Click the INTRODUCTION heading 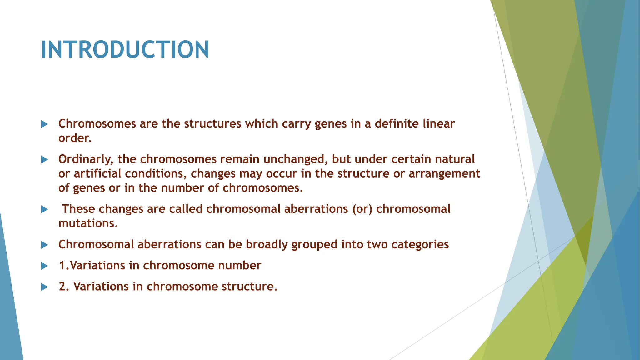[x=125, y=50]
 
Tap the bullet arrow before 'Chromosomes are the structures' [x=44, y=124]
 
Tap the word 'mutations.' [x=88, y=223]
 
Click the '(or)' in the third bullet [x=362, y=209]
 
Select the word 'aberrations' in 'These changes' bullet [x=316, y=209]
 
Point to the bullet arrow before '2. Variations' [x=44, y=287]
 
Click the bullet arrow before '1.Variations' [x=44, y=266]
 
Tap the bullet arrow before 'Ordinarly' [x=44, y=160]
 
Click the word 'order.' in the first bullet [x=75, y=138]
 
